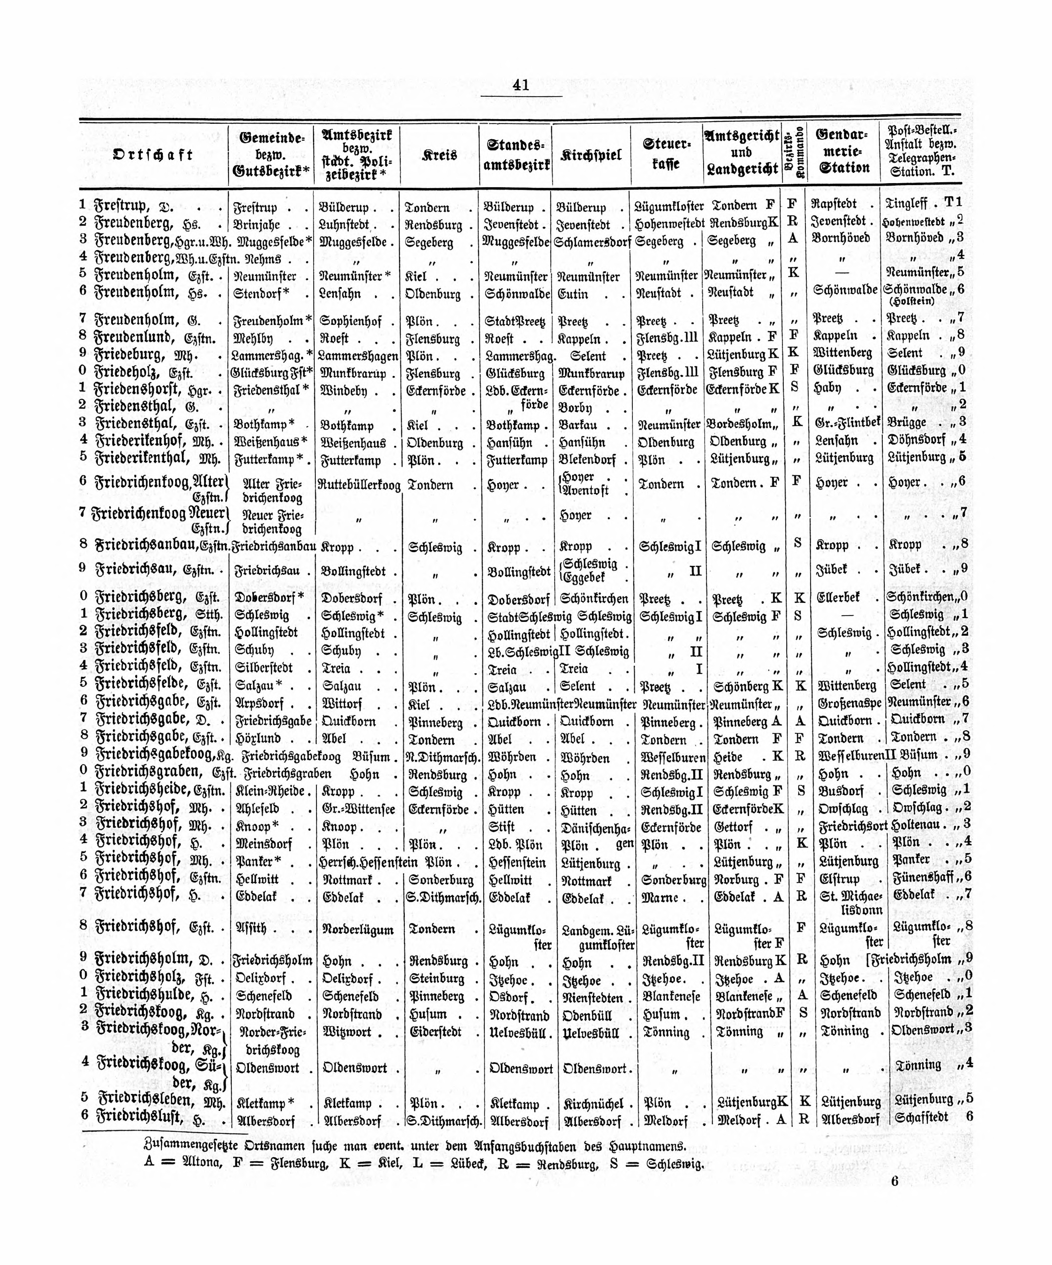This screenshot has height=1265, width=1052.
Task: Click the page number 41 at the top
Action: tap(521, 85)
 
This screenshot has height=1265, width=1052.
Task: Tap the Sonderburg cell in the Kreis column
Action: tap(441, 879)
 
